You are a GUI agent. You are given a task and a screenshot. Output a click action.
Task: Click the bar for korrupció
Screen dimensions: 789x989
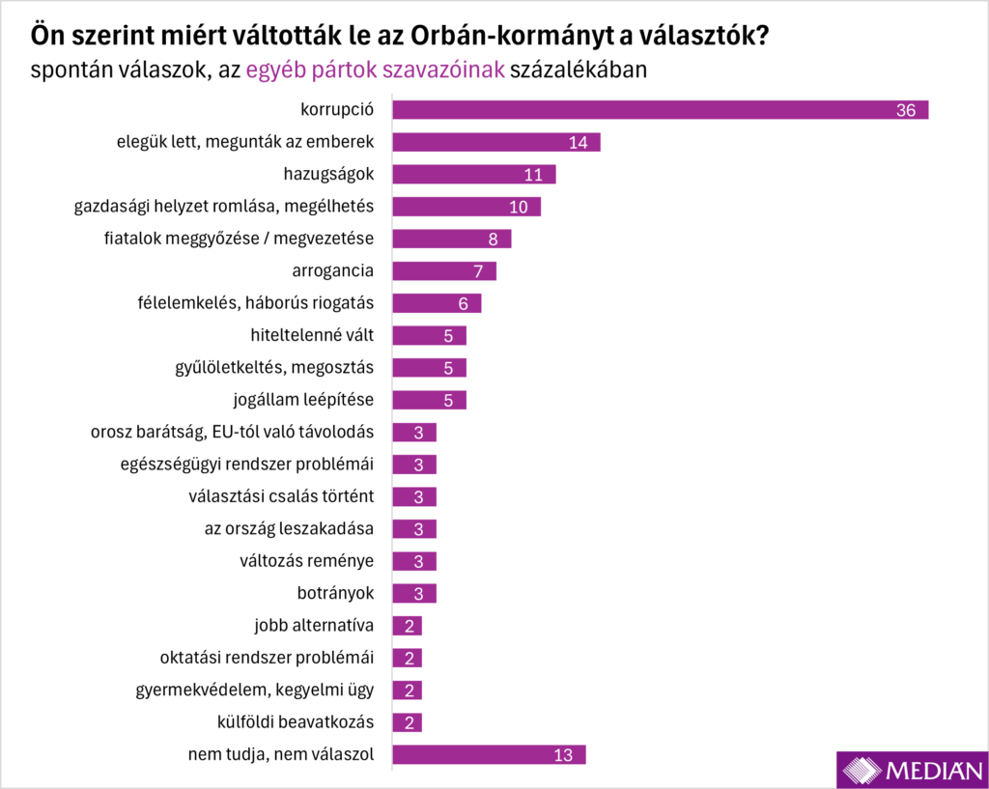tap(660, 110)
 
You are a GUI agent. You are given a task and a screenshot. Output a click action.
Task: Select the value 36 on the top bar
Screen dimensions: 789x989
tap(905, 110)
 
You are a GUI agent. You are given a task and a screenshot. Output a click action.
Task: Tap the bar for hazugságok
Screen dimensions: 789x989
tap(473, 174)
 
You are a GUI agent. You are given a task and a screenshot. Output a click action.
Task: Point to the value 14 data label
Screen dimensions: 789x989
tap(579, 142)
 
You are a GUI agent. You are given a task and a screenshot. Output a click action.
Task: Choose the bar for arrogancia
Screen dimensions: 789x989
tap(443, 270)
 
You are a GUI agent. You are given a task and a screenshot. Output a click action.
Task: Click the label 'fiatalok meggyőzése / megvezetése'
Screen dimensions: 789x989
tap(239, 239)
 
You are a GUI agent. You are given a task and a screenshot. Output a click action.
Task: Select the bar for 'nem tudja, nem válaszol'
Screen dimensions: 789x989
tap(489, 754)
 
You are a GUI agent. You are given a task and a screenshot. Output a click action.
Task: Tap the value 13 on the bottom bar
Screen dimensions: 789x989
tap(564, 754)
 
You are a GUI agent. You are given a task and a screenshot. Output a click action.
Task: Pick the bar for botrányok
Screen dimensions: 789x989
tap(414, 593)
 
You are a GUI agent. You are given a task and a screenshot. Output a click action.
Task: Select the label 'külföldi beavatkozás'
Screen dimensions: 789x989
tap(296, 722)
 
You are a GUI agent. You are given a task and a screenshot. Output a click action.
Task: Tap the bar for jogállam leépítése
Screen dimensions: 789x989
tap(429, 400)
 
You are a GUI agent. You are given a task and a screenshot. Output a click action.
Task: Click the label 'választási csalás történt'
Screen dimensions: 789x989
tap(281, 496)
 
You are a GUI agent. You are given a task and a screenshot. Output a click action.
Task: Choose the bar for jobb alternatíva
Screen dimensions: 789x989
tap(407, 626)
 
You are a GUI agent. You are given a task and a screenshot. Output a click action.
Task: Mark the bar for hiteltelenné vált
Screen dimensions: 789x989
tap(429, 335)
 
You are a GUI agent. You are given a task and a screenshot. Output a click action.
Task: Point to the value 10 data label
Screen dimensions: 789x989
tap(519, 207)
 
